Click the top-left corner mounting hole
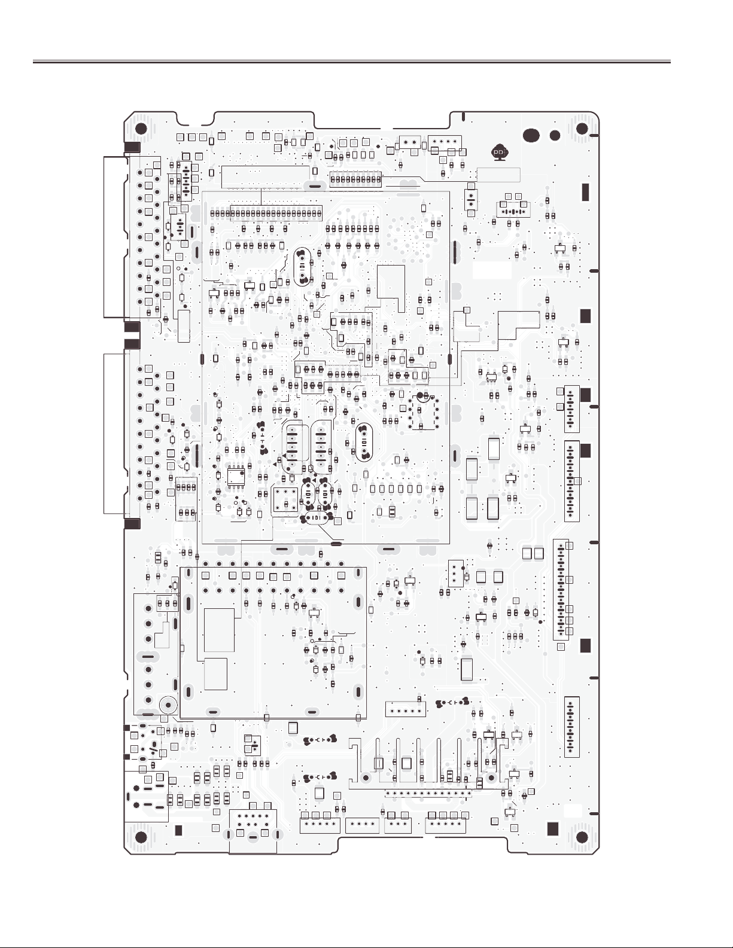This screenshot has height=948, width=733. click(x=141, y=129)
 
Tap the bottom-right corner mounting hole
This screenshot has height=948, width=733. click(x=582, y=837)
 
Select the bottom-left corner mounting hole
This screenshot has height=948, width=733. click(x=141, y=837)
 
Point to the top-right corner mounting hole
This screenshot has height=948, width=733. click(x=582, y=129)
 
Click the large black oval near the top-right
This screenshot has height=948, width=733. click(x=531, y=136)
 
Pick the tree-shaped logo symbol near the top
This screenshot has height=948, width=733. click(x=498, y=152)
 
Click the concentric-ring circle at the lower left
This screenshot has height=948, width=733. click(x=169, y=705)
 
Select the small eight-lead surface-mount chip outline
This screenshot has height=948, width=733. click(x=235, y=475)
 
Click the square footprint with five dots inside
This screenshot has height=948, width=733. click(x=285, y=498)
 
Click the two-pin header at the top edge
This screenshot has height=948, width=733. click(x=409, y=142)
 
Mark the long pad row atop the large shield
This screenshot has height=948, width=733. click(x=266, y=213)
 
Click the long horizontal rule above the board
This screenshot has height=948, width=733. click(x=351, y=62)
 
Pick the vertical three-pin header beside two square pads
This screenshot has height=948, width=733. click(x=455, y=574)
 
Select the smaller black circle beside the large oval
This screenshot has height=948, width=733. click(x=555, y=136)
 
